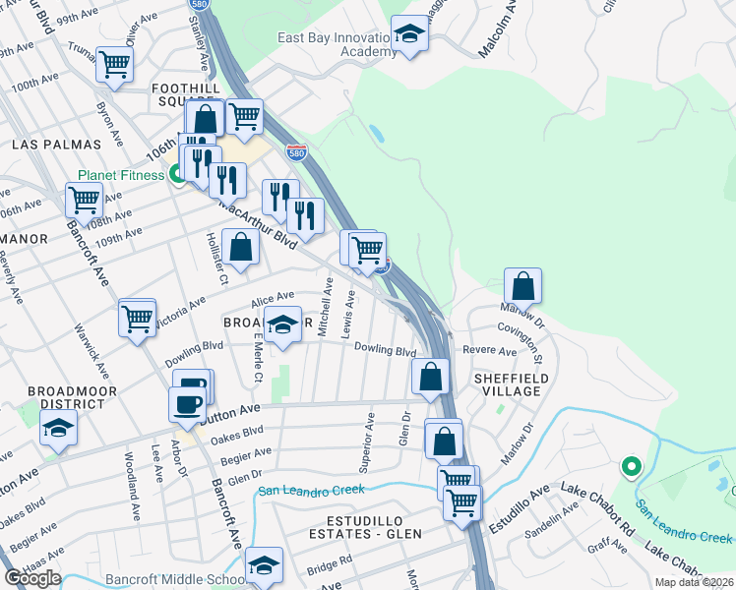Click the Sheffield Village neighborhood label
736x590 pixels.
pyautogui.click(x=507, y=383)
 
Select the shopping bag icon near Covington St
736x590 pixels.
pyautogui.click(x=523, y=286)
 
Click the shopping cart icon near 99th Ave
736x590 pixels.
pyautogui.click(x=115, y=65)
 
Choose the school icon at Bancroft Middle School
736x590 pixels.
pyautogui.click(x=264, y=565)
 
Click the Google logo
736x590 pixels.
pyautogui.click(x=32, y=578)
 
